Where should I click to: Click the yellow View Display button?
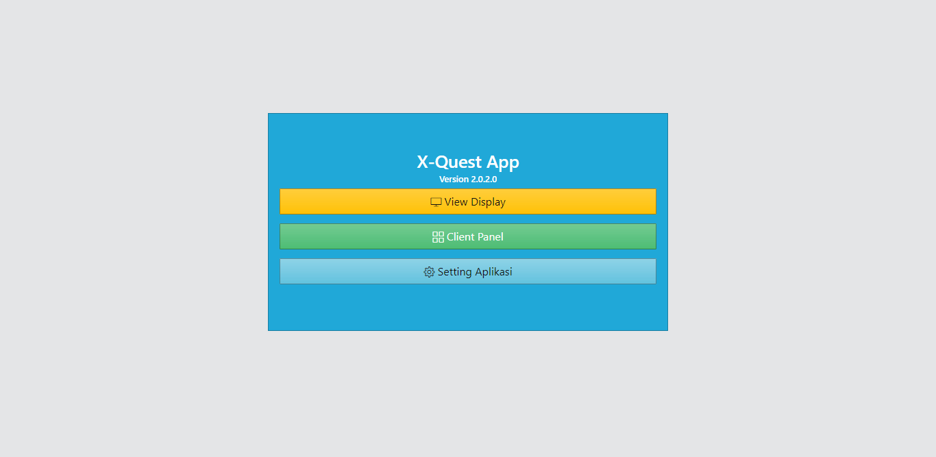pos(467,201)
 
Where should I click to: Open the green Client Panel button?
pos(467,236)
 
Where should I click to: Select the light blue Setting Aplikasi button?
pos(467,271)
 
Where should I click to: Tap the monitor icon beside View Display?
pos(436,202)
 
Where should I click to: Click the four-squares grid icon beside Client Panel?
pos(439,237)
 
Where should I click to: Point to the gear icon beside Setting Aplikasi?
pos(429,272)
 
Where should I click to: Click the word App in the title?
pos(503,163)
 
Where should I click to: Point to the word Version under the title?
pos(454,180)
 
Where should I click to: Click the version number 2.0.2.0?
pos(484,180)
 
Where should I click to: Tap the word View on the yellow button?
pos(456,202)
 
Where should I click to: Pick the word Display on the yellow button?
pos(489,202)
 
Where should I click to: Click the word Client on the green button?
pos(460,237)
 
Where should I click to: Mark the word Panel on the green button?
pos(491,237)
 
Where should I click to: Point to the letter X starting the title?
pos(423,162)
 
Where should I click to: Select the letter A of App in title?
pos(493,162)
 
